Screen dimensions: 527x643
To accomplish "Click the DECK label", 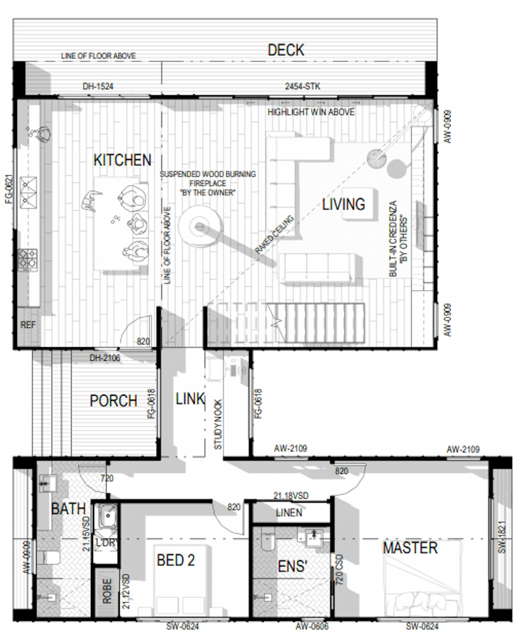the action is coord(286,50).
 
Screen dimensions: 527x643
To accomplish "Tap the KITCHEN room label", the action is coord(122,160).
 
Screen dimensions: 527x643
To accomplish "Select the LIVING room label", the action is coord(344,204).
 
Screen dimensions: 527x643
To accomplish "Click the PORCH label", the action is coord(113,401).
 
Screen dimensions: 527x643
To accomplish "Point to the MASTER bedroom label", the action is coord(410,548).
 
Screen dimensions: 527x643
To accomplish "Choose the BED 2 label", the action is coord(176,560).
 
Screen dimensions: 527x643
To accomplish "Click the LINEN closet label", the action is coord(289,513).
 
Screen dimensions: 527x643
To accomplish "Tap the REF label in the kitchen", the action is coord(28,325).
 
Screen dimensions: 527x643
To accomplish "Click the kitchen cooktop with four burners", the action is coord(27,259).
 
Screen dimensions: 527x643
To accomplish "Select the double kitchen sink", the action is coord(29,193).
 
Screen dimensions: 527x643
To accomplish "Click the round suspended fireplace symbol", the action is coord(200,227).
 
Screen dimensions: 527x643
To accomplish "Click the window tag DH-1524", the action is coord(98,86).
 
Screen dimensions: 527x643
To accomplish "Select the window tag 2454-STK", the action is coord(303,86).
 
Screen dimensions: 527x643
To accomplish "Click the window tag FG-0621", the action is coord(9,189).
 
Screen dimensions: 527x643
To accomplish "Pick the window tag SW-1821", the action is coord(502,537).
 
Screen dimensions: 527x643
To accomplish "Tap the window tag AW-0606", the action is coord(312,626).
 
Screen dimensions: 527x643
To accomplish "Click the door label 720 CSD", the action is coord(339,570).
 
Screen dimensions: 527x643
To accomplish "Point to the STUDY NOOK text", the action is coord(218,424).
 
